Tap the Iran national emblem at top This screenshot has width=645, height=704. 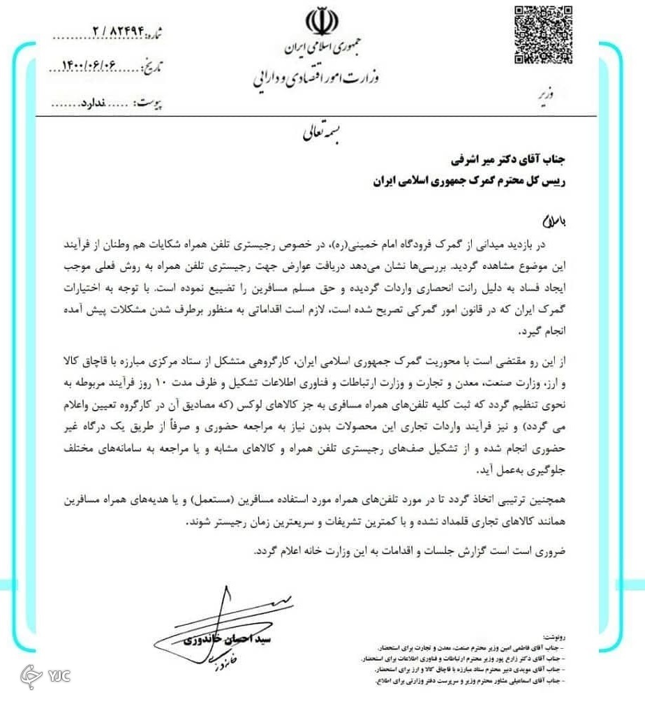coord(322,23)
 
